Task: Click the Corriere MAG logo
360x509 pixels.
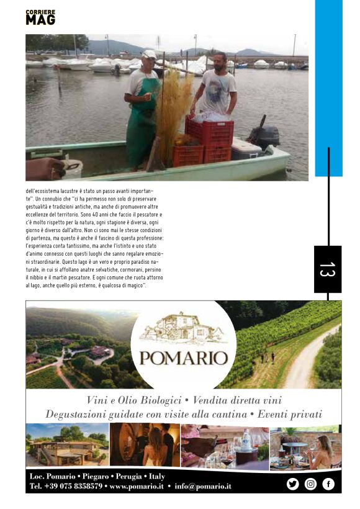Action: (40, 17)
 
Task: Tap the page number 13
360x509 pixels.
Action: (327, 269)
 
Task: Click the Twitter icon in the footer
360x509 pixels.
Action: (292, 484)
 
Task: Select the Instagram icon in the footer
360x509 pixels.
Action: (310, 484)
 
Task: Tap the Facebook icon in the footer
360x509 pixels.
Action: (328, 484)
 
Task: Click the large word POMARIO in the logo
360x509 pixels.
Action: (183, 358)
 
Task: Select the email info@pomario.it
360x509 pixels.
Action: (203, 486)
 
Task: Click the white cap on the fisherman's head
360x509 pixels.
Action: (149, 55)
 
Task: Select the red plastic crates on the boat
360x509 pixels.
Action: (208, 140)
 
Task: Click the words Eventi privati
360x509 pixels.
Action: (288, 414)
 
